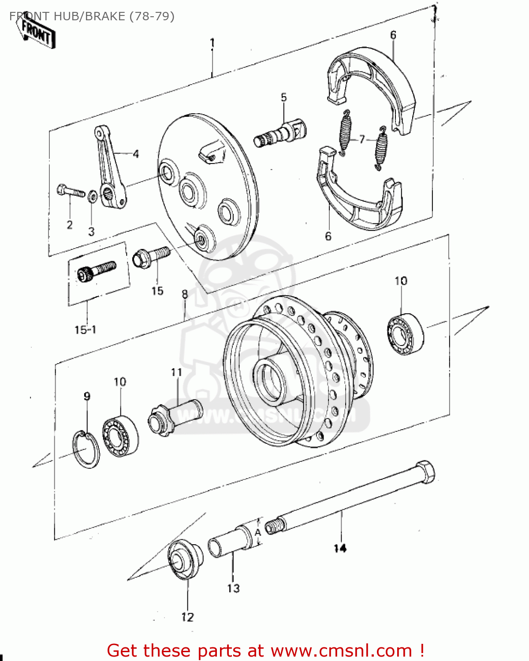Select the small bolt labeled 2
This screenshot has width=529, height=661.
pyautogui.click(x=70, y=192)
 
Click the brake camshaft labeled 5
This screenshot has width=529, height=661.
pyautogui.click(x=281, y=132)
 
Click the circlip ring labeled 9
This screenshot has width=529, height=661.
pyautogui.click(x=86, y=449)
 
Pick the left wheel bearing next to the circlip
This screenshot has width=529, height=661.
pyautogui.click(x=120, y=436)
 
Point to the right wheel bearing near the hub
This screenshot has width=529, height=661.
pyautogui.click(x=405, y=334)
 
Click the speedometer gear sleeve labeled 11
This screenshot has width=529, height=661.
pyautogui.click(x=174, y=416)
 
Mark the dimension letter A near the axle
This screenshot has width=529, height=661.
pyautogui.click(x=258, y=532)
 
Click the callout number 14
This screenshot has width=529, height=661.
pyautogui.click(x=340, y=548)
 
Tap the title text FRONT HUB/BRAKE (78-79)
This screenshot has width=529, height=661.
pyautogui.click(x=92, y=16)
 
